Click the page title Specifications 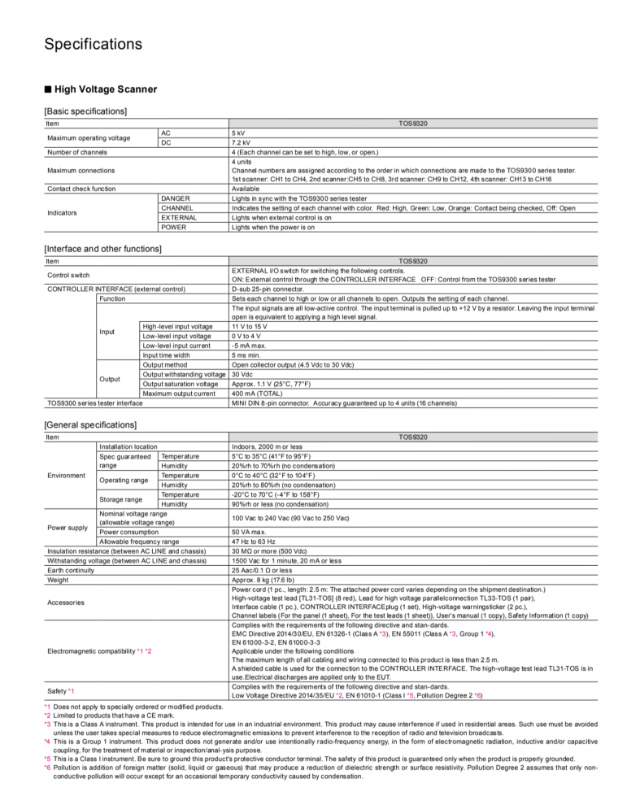coord(93,44)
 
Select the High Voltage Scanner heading coord(105,89)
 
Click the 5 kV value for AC coord(239,133)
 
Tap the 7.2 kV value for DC coord(242,142)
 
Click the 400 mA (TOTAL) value coord(259,394)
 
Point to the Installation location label coord(128,446)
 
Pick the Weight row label coord(58,580)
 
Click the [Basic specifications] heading coord(85,111)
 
